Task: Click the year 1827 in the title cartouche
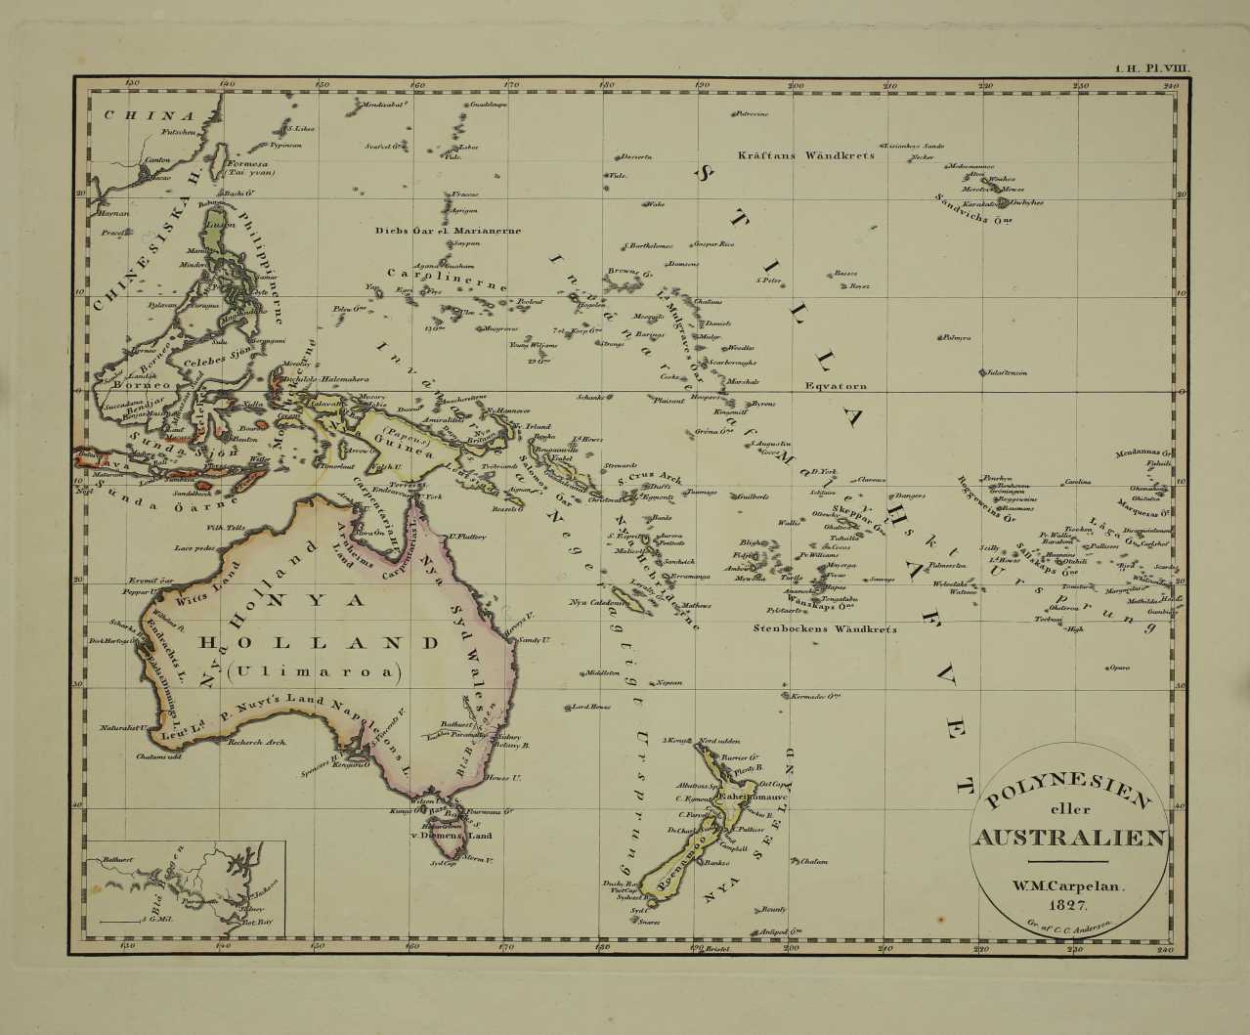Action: pyautogui.click(x=1067, y=907)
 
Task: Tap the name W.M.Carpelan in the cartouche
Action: pyautogui.click(x=1067, y=887)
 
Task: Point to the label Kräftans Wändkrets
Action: pyautogui.click(x=805, y=154)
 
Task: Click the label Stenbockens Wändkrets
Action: pyautogui.click(x=825, y=629)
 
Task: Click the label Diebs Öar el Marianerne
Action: pyautogui.click(x=448, y=231)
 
